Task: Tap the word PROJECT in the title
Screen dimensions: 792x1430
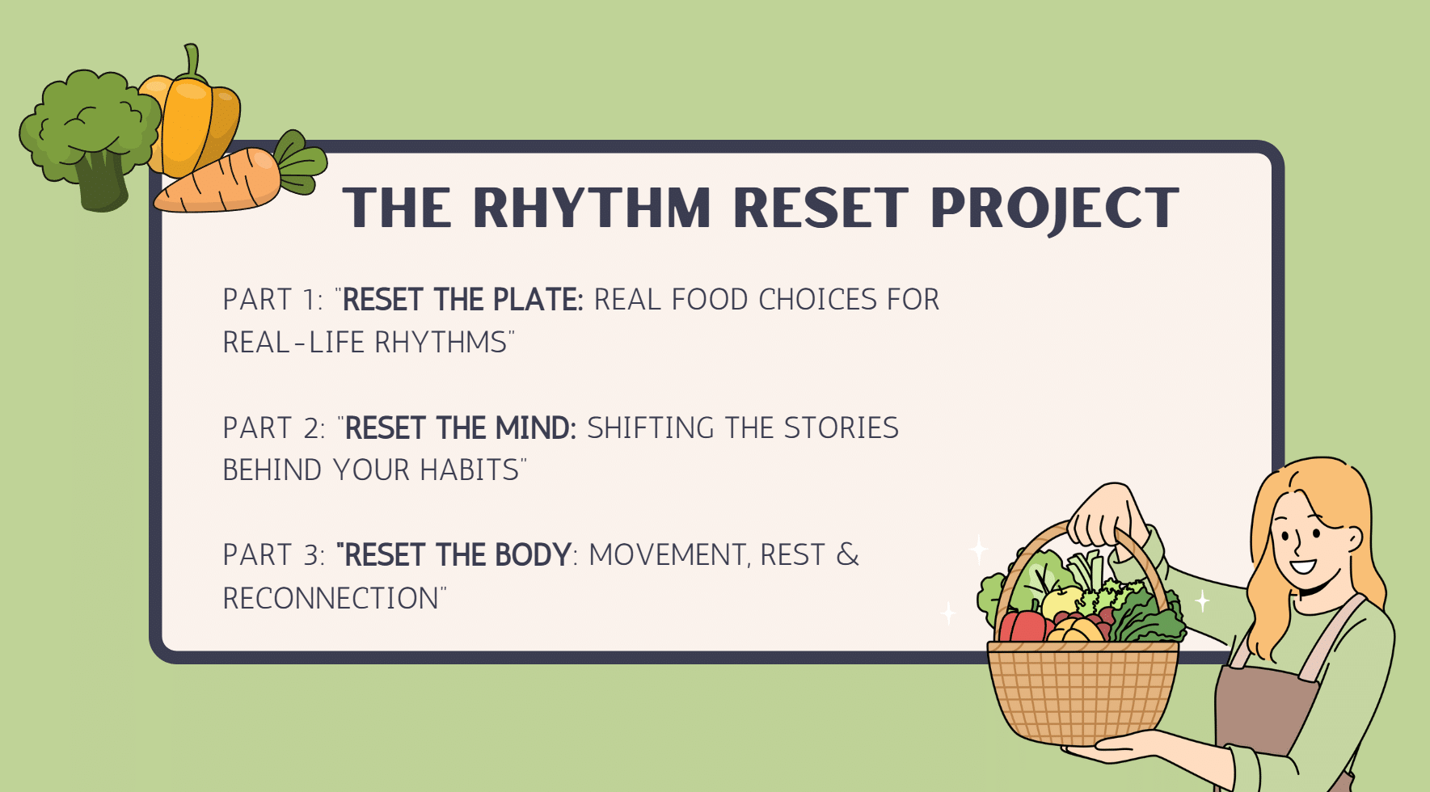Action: pos(1054,209)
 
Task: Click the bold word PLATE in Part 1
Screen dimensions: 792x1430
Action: pos(538,300)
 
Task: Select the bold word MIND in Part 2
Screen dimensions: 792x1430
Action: pos(535,428)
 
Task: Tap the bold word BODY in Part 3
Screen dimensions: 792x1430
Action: pos(533,555)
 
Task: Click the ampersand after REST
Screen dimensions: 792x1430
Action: pos(847,555)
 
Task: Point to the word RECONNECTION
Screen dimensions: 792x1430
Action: pos(331,599)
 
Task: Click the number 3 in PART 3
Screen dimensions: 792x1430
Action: pos(312,555)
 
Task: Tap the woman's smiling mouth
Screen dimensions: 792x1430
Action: pos(1303,567)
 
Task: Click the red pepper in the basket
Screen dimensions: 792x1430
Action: pos(1023,626)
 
